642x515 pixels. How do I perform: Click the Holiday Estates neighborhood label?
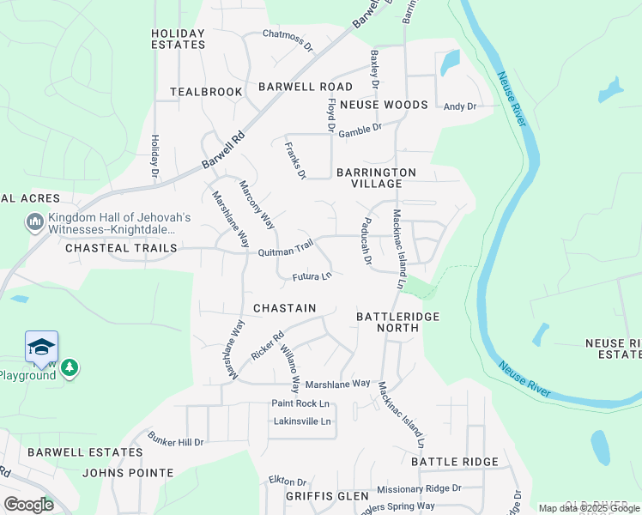(179, 39)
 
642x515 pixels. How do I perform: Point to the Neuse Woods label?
(383, 105)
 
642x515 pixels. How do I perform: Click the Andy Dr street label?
(459, 106)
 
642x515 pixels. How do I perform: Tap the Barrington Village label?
(376, 178)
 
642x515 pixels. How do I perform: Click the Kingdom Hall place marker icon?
(35, 223)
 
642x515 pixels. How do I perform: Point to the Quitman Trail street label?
(286, 251)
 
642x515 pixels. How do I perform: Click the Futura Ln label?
(312, 276)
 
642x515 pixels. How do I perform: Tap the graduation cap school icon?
(41, 347)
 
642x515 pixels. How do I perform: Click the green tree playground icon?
(69, 368)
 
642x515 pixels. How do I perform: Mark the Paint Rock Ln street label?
(300, 403)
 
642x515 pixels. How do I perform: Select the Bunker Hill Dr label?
(175, 441)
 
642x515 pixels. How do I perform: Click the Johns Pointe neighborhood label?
(128, 473)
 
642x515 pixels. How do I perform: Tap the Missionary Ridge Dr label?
(419, 488)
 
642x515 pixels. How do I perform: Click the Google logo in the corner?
(28, 505)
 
